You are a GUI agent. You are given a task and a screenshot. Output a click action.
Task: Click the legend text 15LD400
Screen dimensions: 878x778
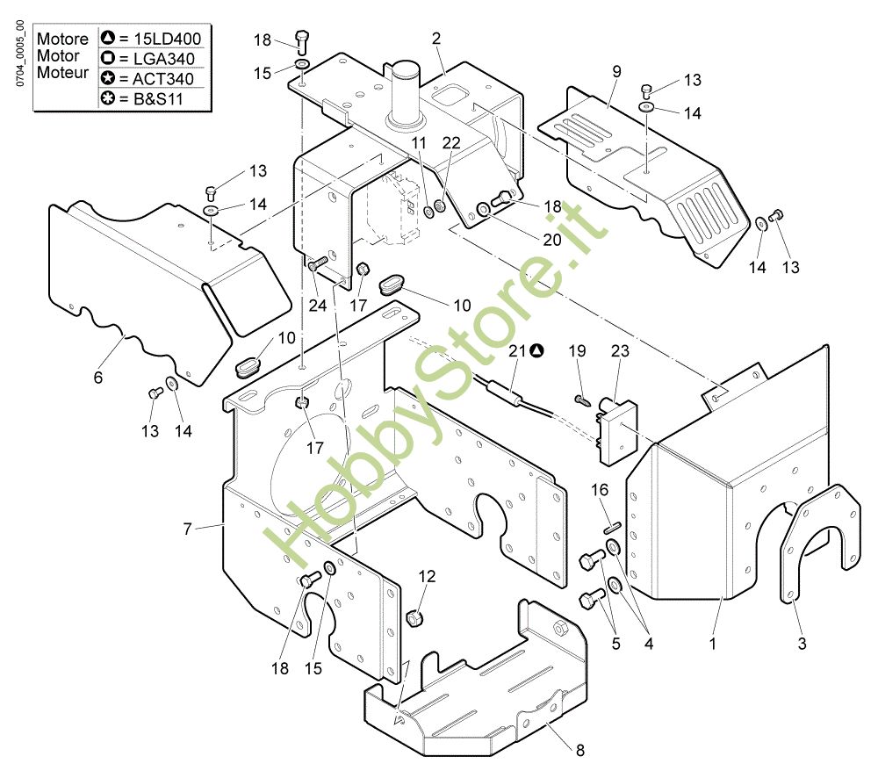click(168, 39)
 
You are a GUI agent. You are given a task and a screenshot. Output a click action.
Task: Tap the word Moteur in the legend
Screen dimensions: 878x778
click(62, 72)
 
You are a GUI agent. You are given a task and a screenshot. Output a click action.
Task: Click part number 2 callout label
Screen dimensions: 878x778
click(436, 38)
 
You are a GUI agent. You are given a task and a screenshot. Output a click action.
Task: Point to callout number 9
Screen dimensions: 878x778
click(616, 71)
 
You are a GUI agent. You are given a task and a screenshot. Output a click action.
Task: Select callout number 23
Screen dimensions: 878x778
click(620, 350)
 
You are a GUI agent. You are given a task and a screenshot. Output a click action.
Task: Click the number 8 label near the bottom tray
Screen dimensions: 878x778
click(580, 750)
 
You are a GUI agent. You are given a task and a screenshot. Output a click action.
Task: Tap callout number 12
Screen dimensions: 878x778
click(427, 576)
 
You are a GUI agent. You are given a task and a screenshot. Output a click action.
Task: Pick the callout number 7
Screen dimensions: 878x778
click(187, 529)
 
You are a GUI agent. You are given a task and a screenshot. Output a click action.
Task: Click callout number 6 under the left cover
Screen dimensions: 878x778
click(98, 377)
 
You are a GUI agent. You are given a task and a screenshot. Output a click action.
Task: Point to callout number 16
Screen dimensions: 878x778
click(600, 489)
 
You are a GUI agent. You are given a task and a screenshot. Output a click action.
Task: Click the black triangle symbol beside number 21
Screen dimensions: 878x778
click(536, 350)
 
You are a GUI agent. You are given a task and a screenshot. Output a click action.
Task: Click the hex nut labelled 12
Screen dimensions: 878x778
click(414, 618)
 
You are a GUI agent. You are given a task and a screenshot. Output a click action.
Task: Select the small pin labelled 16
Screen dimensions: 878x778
click(612, 527)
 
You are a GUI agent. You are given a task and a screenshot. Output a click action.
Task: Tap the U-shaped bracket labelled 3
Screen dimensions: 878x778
click(819, 542)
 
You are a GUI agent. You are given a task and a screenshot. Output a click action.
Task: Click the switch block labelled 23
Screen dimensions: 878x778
click(617, 431)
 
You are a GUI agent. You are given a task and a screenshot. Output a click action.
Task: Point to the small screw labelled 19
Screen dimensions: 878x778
click(582, 400)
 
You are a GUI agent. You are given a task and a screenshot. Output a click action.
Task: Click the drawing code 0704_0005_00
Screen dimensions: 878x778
click(20, 54)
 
